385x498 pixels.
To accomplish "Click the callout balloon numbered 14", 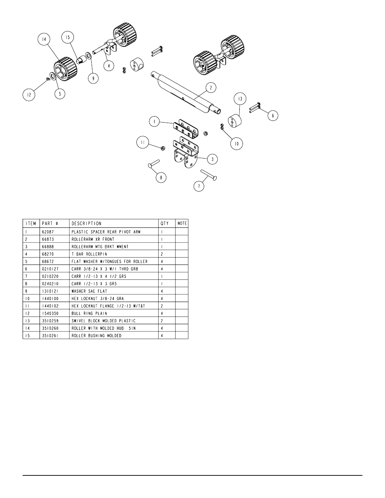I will pos(43,40).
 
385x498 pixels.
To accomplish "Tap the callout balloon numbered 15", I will pos(67,38).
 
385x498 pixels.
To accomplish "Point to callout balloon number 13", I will pos(240,99).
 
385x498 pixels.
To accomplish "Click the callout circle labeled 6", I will pos(272,115).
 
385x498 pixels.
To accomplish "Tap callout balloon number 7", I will pos(199,186).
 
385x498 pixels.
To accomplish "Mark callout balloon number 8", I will pos(161,177).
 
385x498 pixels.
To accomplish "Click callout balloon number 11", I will pos(142,142).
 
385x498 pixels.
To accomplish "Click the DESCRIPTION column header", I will pos(86,223).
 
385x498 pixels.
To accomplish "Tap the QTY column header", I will pos(165,223).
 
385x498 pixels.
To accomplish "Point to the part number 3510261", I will pos(50,335).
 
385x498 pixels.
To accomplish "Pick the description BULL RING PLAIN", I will pos(90,313).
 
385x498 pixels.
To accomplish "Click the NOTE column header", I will pos(182,223).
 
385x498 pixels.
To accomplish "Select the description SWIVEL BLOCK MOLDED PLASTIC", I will pos(103,321).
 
